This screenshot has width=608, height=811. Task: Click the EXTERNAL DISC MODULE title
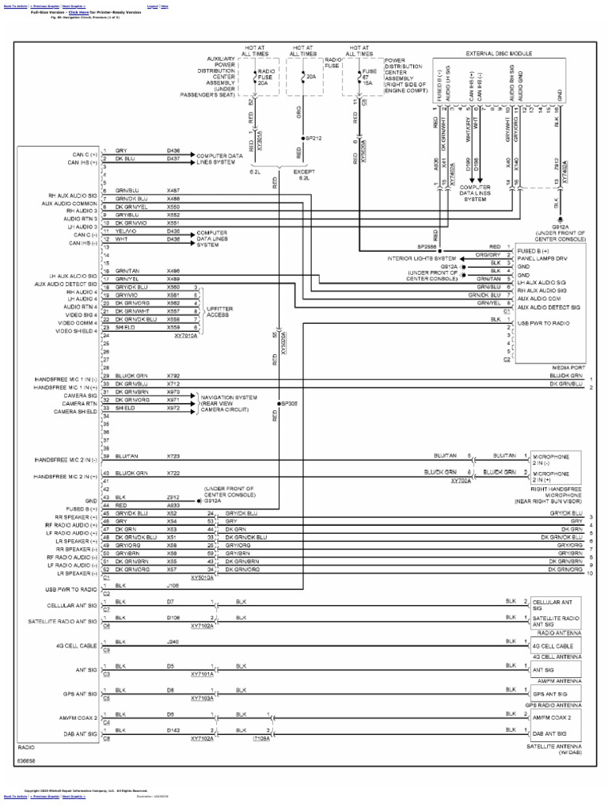point(498,53)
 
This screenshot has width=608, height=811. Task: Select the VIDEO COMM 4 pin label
point(78,322)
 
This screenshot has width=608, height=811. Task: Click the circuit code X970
point(173,392)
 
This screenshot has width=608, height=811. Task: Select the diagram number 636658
point(26,760)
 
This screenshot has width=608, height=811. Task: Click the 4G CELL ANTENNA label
point(557,657)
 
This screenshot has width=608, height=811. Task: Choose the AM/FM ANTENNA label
point(559,680)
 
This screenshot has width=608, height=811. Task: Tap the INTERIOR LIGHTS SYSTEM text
point(421,258)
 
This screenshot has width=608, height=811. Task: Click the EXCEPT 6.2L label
point(304,174)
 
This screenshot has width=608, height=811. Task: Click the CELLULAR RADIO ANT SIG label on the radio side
point(72,606)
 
